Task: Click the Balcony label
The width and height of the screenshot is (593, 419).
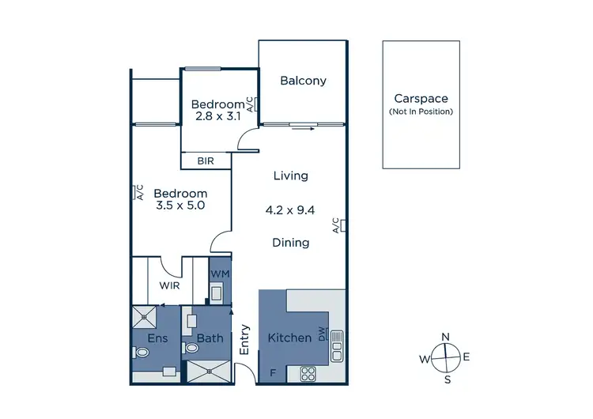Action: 304,81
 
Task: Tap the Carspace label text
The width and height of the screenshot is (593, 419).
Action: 421,99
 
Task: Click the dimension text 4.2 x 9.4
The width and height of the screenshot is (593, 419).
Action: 290,210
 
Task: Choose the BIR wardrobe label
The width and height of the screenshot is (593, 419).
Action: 206,160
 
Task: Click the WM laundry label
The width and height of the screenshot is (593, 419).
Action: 220,274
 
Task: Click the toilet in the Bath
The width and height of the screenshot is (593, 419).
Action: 191,348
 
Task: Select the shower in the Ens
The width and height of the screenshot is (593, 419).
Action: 145,318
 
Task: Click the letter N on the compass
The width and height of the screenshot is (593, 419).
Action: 446,337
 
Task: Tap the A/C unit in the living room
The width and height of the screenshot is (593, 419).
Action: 342,225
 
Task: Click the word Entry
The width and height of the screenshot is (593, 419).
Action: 244,338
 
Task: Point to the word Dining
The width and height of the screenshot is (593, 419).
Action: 290,243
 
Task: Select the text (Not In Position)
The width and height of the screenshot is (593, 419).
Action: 421,111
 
